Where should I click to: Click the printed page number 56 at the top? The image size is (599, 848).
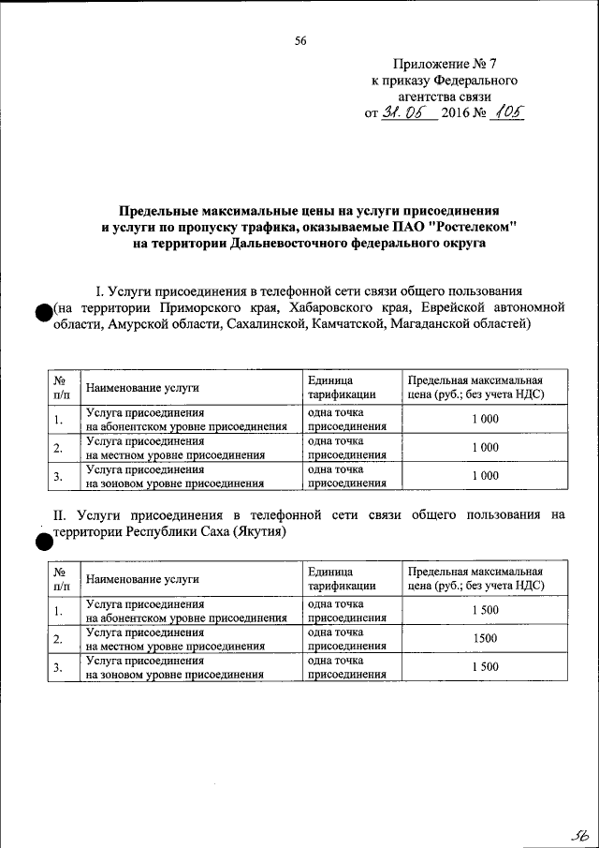(299, 39)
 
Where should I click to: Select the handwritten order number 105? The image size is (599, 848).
(506, 112)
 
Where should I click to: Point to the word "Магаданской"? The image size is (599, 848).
(417, 324)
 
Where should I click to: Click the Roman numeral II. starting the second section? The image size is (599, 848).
(59, 514)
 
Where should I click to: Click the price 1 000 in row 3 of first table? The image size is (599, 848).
(485, 476)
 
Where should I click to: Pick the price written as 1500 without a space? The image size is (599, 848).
(485, 638)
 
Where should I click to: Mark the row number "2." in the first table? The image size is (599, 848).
(58, 448)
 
